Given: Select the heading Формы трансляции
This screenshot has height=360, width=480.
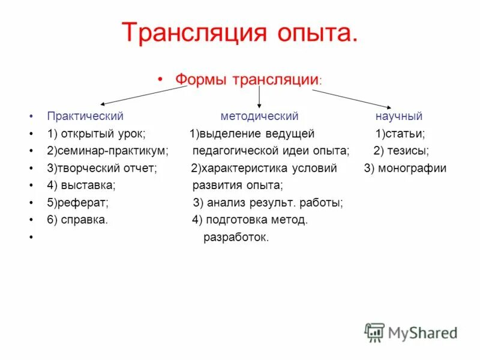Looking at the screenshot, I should (246, 79).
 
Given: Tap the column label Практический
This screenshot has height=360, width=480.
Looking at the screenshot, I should (85, 116).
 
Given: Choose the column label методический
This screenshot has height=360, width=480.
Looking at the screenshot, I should (259, 116).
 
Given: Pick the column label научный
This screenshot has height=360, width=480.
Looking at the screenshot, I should (399, 116).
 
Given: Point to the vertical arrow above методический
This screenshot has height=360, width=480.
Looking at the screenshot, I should (259, 97).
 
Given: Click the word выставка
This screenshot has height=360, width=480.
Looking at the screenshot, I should (88, 185).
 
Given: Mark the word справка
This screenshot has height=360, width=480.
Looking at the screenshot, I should (86, 220).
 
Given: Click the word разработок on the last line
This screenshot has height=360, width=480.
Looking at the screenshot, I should (236, 237).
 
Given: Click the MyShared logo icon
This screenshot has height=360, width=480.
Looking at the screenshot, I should (374, 332).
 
